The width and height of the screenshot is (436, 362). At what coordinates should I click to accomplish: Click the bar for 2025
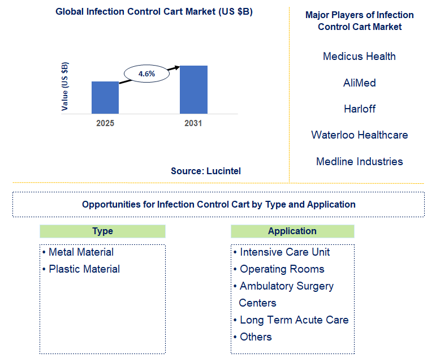tap(105, 97)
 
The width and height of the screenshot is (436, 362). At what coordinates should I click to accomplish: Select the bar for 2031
tap(193, 89)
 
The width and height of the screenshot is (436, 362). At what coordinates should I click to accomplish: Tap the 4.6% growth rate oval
tap(146, 74)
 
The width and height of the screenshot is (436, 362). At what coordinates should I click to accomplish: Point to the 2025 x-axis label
tap(105, 123)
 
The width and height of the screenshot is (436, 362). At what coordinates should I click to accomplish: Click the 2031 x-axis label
tap(193, 123)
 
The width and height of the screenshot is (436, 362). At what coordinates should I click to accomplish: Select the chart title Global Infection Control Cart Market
tap(154, 12)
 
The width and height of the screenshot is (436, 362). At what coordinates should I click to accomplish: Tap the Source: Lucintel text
tap(206, 171)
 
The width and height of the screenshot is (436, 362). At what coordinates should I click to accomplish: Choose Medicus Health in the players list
tap(359, 56)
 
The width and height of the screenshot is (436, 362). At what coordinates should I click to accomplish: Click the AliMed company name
tap(359, 83)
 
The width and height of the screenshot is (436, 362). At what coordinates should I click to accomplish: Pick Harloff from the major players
tap(359, 109)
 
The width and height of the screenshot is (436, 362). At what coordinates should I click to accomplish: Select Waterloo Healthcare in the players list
tap(359, 135)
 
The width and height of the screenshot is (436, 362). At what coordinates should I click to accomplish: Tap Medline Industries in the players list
tap(359, 161)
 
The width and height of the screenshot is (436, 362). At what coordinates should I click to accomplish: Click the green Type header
tap(102, 231)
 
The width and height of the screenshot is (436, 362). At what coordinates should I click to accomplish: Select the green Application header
tap(292, 231)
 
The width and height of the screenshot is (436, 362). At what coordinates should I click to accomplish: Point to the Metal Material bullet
tap(81, 252)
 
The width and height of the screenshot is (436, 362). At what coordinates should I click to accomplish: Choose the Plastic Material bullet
tap(84, 269)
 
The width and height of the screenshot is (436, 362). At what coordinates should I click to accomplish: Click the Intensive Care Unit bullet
tap(284, 252)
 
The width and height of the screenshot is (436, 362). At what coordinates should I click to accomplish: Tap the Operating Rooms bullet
tap(282, 269)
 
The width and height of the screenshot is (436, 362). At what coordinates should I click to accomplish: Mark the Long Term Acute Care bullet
tap(293, 320)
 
